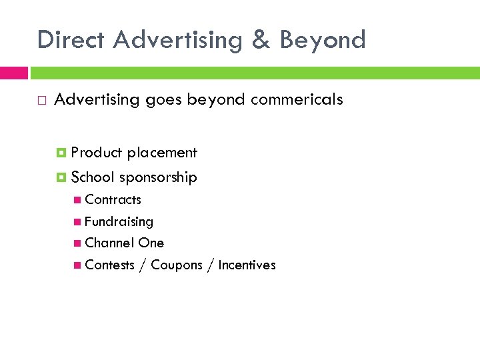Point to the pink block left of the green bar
[x=14, y=73]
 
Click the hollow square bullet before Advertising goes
[x=42, y=101]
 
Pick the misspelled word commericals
[x=297, y=100]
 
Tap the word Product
[x=96, y=153]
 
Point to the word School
[x=93, y=177]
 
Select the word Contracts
[x=113, y=199]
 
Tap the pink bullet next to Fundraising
[x=79, y=221]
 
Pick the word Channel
[x=109, y=243]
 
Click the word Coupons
[x=176, y=265]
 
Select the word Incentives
[x=247, y=265]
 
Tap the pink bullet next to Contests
[x=79, y=265]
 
